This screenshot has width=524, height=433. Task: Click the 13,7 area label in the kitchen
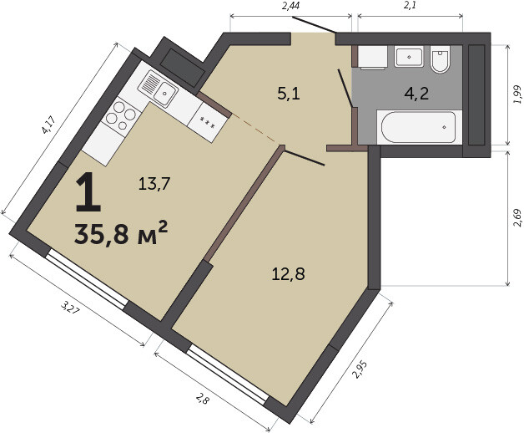(x=154, y=184)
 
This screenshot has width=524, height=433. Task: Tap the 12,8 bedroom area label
(x=289, y=274)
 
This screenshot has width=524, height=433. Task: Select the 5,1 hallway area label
(x=289, y=94)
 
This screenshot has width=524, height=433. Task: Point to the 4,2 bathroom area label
(x=416, y=94)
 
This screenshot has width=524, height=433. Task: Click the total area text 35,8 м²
(x=121, y=232)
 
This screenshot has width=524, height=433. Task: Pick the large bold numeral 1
(x=88, y=192)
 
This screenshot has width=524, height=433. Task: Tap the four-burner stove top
(x=121, y=115)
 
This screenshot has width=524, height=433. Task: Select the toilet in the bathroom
(x=440, y=59)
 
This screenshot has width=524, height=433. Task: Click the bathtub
(x=419, y=127)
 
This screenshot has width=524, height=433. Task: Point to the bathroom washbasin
(x=409, y=56)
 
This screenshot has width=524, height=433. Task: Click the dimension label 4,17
(x=48, y=125)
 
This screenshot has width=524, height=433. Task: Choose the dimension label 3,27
(x=71, y=307)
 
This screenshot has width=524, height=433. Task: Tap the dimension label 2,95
(x=361, y=369)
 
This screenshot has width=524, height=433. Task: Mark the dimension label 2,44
(x=290, y=6)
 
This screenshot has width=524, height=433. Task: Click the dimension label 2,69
(x=517, y=218)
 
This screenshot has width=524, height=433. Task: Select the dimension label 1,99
(x=517, y=94)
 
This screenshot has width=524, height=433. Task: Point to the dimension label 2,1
(x=410, y=6)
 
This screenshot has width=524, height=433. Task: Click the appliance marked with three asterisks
(x=208, y=122)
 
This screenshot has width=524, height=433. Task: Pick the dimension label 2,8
(x=203, y=399)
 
